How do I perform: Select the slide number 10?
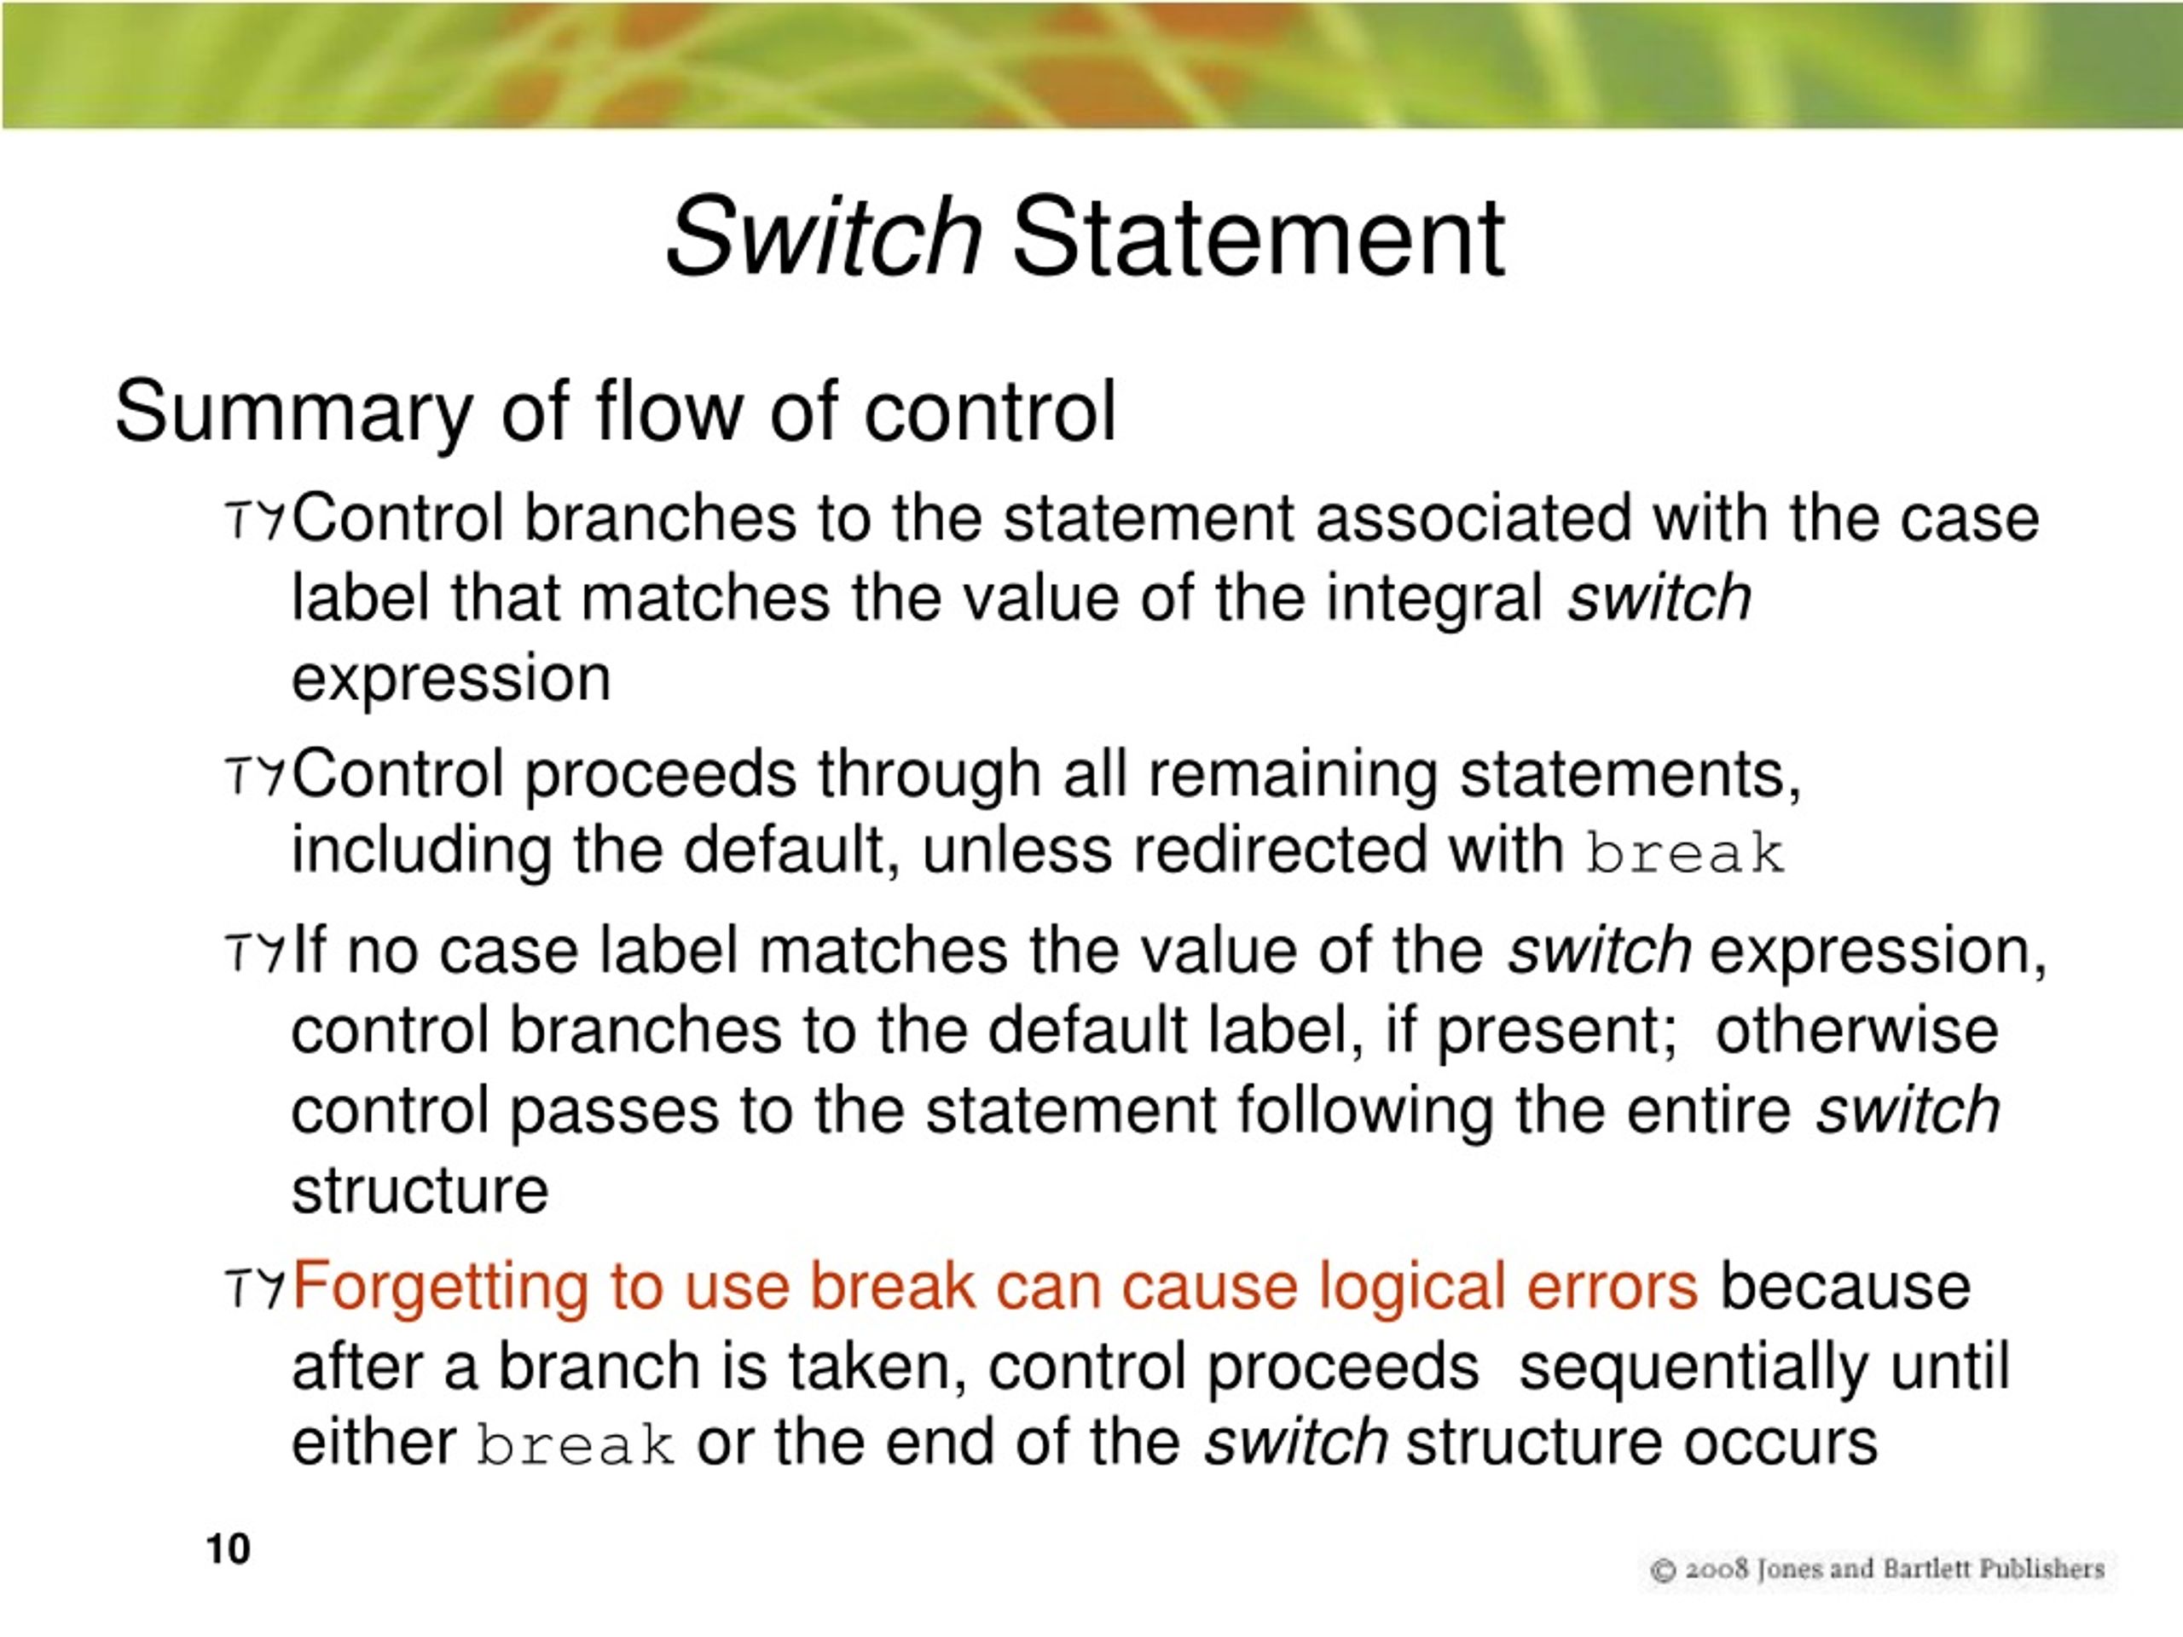coord(228,1549)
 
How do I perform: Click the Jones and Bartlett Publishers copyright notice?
coord(1878,1570)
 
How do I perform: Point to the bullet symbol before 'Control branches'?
coord(256,520)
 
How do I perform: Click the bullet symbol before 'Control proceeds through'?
coord(256,776)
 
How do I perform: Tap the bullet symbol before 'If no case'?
coord(256,953)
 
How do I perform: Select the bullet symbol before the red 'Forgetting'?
coord(256,1287)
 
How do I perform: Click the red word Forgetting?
coord(439,1287)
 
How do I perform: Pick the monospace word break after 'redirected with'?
coord(1686,854)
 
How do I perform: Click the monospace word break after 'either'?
coord(576,1445)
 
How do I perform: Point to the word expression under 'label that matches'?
coord(451,679)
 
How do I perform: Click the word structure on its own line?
coord(420,1191)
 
